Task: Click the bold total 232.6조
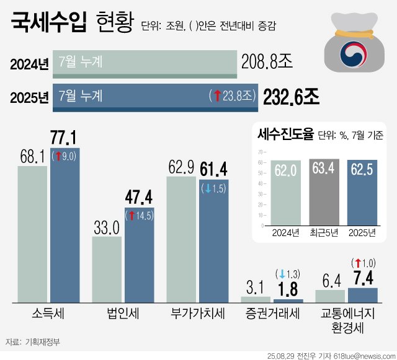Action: pos(291,97)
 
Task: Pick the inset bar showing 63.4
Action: pos(324,192)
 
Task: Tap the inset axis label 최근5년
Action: pos(324,233)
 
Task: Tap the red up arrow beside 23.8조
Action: pos(217,96)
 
